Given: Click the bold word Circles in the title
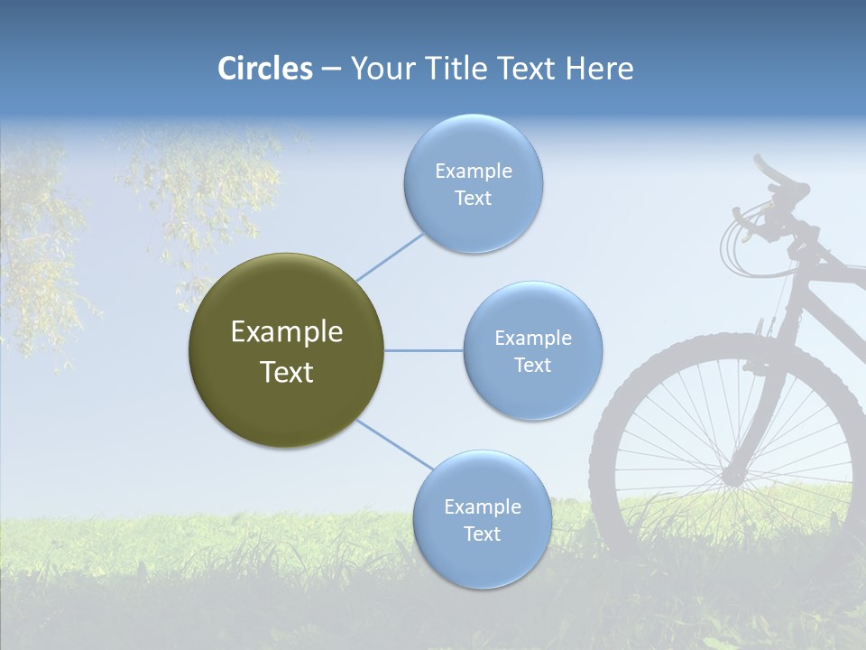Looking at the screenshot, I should [x=265, y=69].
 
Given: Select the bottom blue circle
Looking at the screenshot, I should [x=482, y=560].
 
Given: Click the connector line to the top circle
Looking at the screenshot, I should [x=390, y=256].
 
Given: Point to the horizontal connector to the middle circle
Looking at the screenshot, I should [x=423, y=350].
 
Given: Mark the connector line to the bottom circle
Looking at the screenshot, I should [x=395, y=445].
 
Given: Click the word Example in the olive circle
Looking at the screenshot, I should [x=287, y=332].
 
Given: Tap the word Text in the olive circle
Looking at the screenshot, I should [x=287, y=372].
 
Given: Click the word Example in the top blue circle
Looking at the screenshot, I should [x=474, y=172].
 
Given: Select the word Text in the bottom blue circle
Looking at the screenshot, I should [x=482, y=534].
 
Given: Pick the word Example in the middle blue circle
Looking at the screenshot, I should [x=533, y=339].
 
